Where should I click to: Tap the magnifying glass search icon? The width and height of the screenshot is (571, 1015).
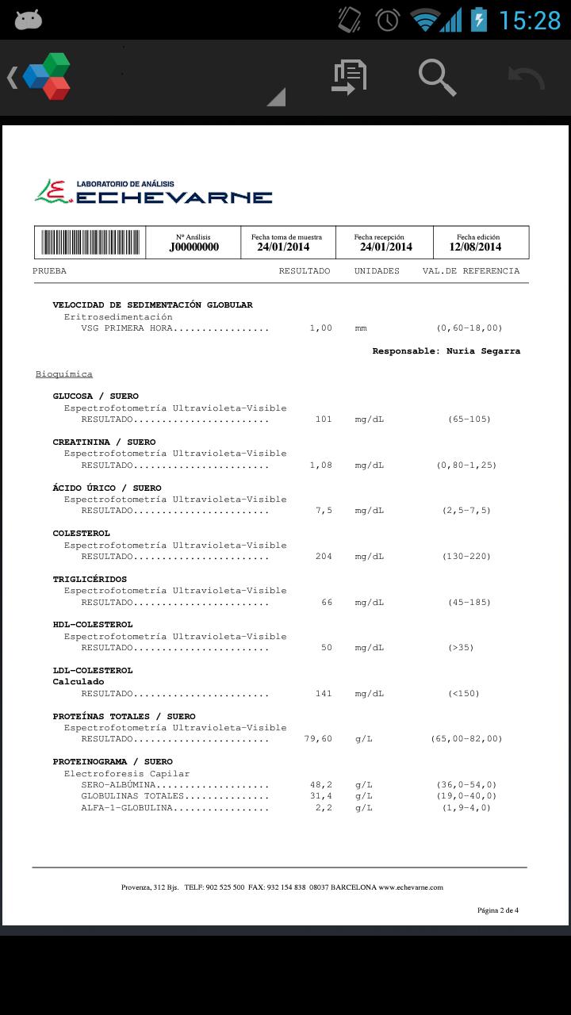point(437,77)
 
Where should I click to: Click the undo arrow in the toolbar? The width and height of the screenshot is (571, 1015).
point(527,78)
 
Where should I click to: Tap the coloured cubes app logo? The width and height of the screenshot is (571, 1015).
point(47,76)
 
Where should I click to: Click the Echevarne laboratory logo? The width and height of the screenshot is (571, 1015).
point(154,192)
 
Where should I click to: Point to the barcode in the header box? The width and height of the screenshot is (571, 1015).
point(90,242)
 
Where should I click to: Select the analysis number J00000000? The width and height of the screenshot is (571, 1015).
point(194,247)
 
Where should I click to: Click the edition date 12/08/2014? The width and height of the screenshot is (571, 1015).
point(475,247)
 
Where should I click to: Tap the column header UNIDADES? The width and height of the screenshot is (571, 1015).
point(377,271)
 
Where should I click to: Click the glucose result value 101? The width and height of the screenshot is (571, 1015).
point(324,419)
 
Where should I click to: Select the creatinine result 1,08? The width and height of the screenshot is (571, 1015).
point(320,465)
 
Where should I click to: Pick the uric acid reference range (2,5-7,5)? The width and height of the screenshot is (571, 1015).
point(466,511)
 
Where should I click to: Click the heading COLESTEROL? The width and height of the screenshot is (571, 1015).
point(82,534)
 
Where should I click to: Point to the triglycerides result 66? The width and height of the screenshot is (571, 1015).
point(327,603)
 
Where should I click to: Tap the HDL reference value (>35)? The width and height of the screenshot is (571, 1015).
point(461,648)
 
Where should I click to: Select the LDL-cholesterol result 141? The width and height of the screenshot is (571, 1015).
point(324,694)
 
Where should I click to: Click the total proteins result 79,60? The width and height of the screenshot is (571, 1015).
point(318,739)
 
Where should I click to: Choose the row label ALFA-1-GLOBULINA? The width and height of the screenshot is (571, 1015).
point(127,808)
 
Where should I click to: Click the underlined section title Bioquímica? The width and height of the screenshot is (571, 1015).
point(64,374)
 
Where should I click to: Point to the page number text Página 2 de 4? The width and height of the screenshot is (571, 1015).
point(498,910)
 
